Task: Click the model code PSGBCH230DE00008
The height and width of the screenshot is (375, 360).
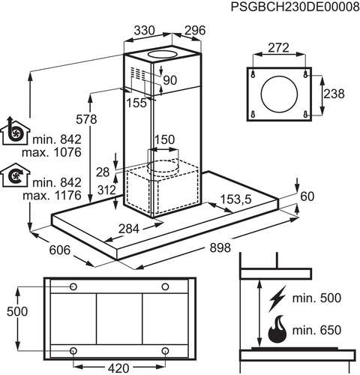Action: (x=295, y=7)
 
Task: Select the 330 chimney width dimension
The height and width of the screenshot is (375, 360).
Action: (x=145, y=31)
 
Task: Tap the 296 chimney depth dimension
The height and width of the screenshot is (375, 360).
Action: (x=195, y=31)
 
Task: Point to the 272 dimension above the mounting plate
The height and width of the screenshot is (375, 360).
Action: (x=278, y=47)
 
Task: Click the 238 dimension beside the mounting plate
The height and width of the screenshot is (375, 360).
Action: (x=334, y=94)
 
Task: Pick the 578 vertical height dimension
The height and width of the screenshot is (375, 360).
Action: (x=86, y=119)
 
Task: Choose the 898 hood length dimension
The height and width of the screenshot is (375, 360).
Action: (x=220, y=247)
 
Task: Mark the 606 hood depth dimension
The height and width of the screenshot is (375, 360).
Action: (x=60, y=250)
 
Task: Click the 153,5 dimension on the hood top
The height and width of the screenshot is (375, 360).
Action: (x=235, y=199)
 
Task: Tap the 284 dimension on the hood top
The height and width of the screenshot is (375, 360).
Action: (x=129, y=229)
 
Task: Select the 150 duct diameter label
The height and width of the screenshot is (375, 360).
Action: (x=164, y=139)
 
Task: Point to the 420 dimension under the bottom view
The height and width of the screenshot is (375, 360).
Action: (x=118, y=368)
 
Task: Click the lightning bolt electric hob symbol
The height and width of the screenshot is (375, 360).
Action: (x=277, y=298)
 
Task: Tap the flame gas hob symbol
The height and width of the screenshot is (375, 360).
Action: (x=277, y=329)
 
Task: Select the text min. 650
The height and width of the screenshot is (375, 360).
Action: (x=316, y=330)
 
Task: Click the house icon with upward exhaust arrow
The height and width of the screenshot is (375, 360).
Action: (x=15, y=130)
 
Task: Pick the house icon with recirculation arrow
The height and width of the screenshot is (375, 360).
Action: (x=15, y=175)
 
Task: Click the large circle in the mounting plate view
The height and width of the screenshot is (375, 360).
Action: (x=279, y=94)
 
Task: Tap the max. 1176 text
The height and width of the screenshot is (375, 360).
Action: (x=52, y=195)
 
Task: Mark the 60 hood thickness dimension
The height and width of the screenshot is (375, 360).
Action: (x=307, y=196)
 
